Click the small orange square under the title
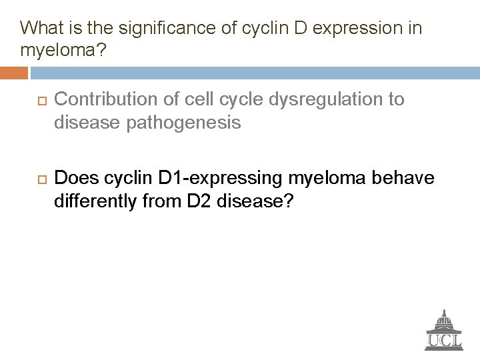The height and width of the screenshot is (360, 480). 14,69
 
